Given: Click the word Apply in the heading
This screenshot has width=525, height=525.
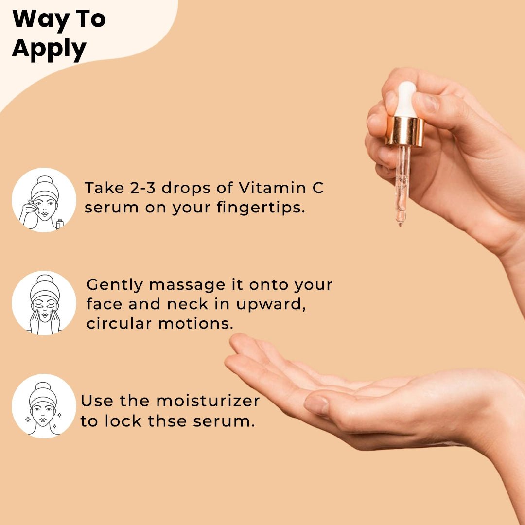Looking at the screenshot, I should click(x=49, y=50).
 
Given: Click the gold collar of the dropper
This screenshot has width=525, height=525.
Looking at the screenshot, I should click(x=405, y=131).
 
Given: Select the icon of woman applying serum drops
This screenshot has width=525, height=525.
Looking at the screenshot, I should click(x=44, y=200).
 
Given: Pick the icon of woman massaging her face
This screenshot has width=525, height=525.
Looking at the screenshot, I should click(x=44, y=303).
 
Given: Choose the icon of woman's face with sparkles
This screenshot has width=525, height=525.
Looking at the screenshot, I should click(x=44, y=406).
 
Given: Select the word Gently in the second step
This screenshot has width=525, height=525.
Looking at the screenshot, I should click(x=114, y=284).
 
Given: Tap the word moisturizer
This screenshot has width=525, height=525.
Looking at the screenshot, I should click(x=208, y=401).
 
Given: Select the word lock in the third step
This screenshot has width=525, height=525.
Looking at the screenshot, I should click(x=120, y=421).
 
